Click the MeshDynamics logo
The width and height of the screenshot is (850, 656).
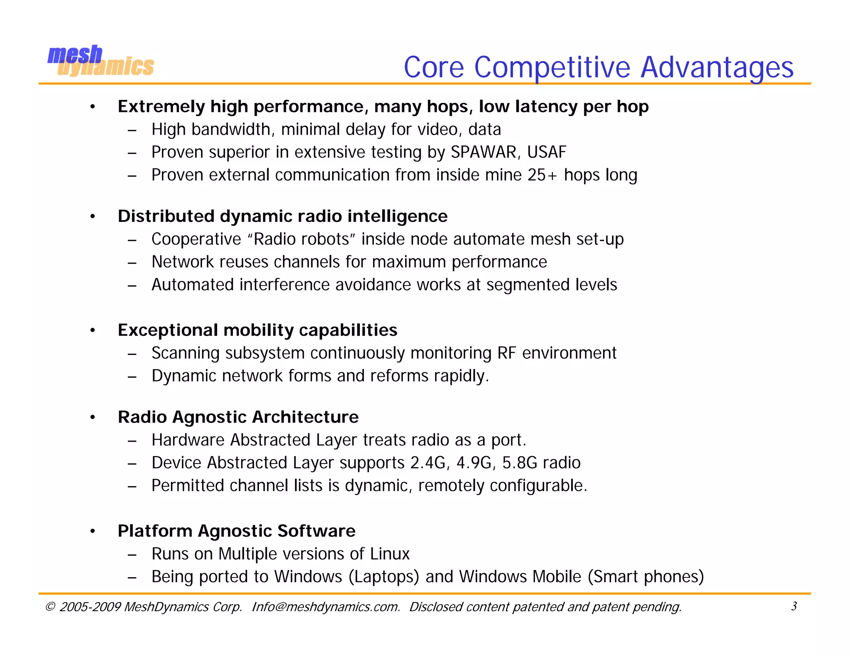(x=101, y=61)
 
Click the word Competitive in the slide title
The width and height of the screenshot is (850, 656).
(x=552, y=67)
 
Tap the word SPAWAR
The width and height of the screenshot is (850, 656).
(x=483, y=152)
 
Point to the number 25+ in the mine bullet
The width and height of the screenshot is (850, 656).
(x=542, y=175)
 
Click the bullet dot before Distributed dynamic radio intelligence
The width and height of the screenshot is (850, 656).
(x=93, y=216)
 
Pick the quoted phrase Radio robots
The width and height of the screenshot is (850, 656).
(x=301, y=239)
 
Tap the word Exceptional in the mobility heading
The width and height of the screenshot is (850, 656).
(x=168, y=330)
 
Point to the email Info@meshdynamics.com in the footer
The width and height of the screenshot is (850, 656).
(x=326, y=607)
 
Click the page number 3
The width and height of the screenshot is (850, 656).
(x=794, y=606)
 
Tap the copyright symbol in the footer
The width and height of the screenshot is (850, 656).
(x=50, y=607)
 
